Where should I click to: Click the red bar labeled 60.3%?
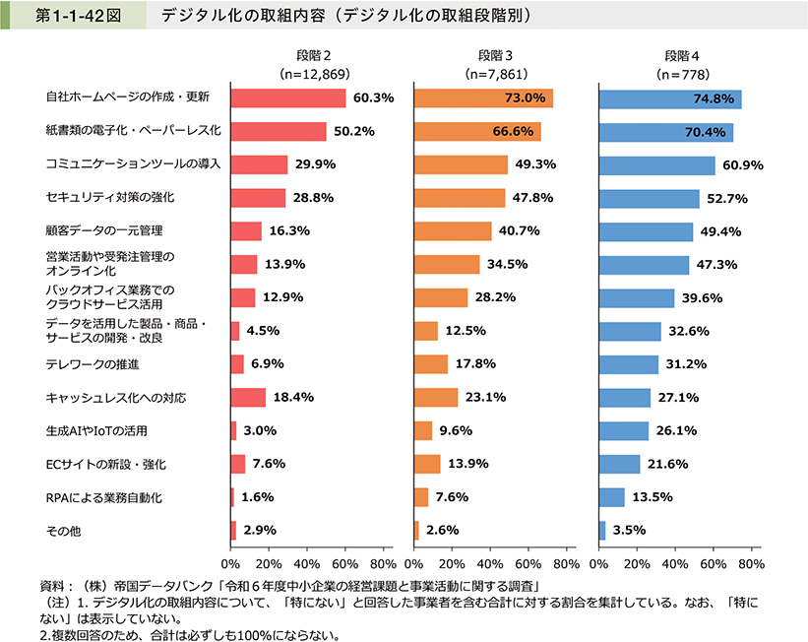point(287,98)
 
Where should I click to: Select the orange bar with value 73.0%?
point(483,98)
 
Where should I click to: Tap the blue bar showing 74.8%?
point(669,98)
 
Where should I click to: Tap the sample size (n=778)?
point(671,74)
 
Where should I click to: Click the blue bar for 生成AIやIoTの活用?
point(624,430)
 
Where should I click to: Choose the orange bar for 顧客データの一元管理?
point(453,231)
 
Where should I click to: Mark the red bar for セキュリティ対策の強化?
point(258,198)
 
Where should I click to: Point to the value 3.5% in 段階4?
point(629,530)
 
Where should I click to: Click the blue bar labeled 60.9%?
point(656,164)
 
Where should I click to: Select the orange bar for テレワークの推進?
point(431,364)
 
